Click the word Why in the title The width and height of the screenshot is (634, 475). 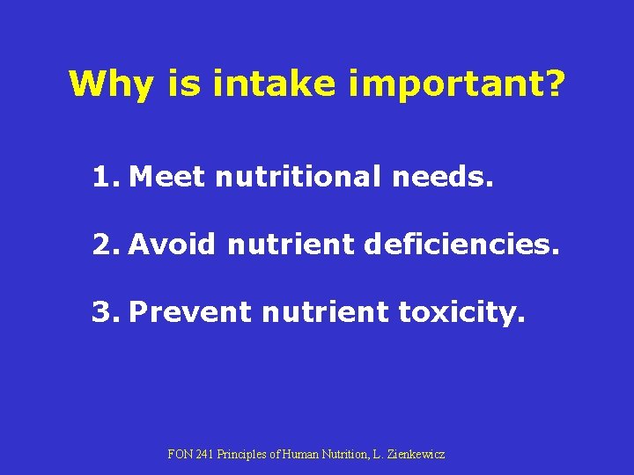click(105, 84)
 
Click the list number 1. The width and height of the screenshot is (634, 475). click(105, 178)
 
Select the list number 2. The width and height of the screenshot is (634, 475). click(105, 244)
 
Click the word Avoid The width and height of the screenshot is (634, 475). click(171, 244)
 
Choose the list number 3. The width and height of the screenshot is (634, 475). click(105, 311)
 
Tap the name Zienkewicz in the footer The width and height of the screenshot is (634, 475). click(416, 455)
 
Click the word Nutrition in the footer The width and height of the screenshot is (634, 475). click(336, 455)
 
